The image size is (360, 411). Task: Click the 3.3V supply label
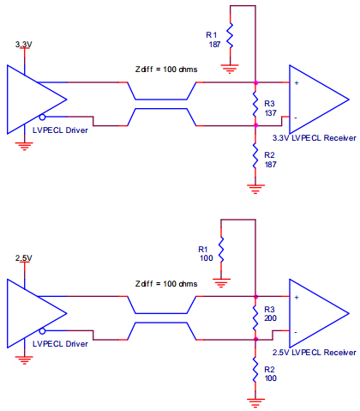23,45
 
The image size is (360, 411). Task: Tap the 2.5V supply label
23,258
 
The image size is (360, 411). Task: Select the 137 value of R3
270,113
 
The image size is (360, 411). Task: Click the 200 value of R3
270,318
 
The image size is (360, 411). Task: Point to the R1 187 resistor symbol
230,36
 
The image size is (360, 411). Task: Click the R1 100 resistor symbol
221,250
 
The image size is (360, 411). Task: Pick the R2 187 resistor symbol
255,156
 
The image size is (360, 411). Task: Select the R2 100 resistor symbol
255,370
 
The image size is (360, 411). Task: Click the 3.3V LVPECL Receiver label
315,138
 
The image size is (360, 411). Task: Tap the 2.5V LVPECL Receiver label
315,353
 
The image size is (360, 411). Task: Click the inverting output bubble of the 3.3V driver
42,117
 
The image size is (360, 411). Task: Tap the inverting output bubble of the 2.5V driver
42,331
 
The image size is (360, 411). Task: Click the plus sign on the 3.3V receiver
297,83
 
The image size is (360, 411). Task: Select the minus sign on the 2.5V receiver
296,332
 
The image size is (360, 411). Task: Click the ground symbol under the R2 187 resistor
255,189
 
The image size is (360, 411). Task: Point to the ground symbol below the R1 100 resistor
221,282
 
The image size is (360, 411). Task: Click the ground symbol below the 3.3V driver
25,146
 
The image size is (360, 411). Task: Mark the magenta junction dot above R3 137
255,82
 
